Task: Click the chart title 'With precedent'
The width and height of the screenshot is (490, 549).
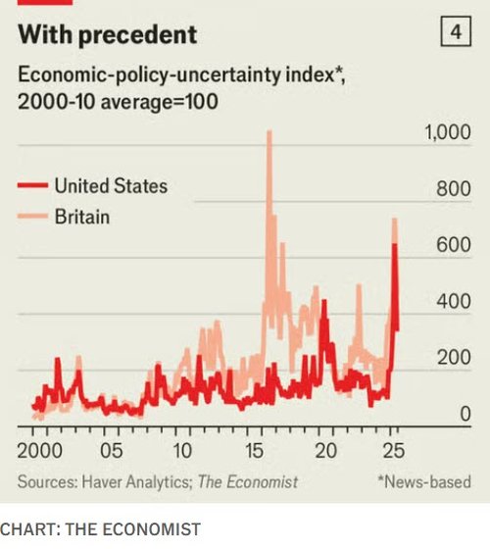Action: [108, 35]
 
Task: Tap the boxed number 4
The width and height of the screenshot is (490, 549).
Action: [455, 33]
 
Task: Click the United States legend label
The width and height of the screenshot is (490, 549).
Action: [111, 186]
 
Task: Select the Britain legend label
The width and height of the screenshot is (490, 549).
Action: [82, 217]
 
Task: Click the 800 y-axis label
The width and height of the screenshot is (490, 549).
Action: [454, 189]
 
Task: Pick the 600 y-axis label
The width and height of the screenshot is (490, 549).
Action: [454, 246]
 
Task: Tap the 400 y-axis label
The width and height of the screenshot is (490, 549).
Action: [454, 302]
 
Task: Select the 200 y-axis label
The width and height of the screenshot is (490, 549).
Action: [454, 359]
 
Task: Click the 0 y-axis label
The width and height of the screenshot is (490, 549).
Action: [465, 416]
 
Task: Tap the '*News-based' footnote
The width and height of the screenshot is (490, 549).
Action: [423, 481]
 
